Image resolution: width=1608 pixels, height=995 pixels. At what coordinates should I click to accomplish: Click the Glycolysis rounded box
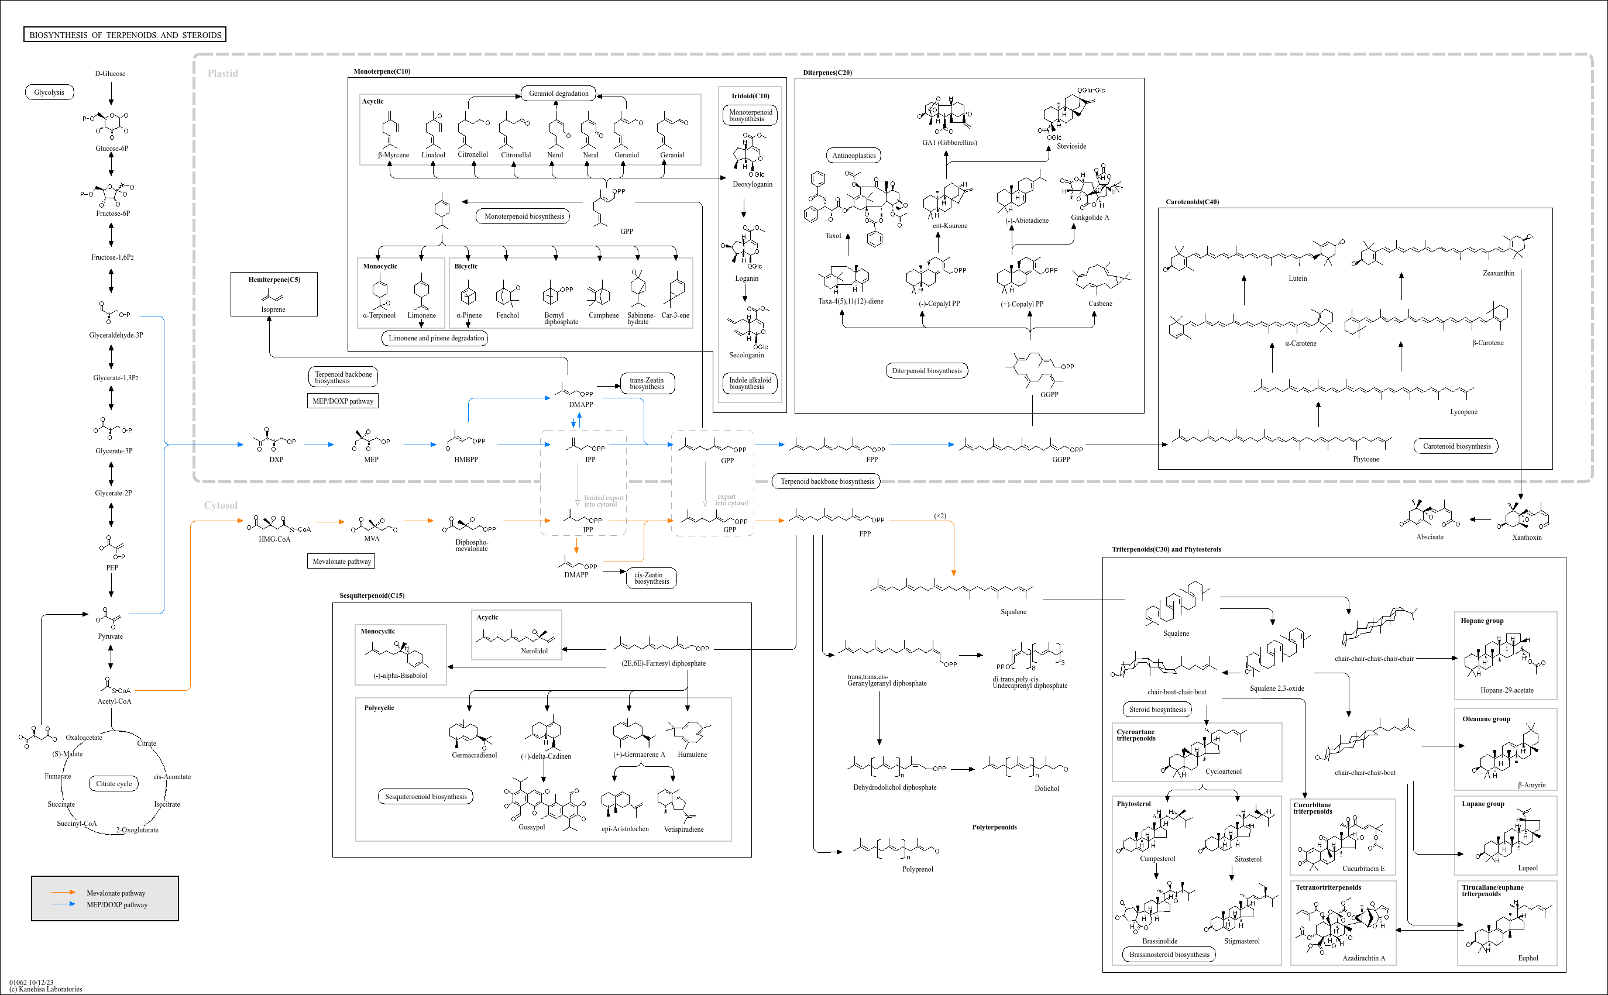click(49, 92)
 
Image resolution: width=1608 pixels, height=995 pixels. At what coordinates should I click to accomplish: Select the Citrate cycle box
click(114, 784)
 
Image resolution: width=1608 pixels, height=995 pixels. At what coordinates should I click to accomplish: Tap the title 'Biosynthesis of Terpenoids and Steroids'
click(125, 35)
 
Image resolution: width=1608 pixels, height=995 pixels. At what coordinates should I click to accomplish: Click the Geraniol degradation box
click(559, 94)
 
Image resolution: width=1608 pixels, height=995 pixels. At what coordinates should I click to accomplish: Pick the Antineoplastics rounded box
click(854, 156)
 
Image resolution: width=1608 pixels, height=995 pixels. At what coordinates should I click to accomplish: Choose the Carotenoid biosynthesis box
click(1456, 446)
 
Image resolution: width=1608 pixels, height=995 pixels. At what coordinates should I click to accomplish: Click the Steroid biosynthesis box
click(1158, 710)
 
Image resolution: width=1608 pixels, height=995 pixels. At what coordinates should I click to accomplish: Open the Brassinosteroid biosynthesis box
click(1170, 954)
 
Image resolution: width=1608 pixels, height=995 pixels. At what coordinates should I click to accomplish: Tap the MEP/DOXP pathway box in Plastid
click(343, 401)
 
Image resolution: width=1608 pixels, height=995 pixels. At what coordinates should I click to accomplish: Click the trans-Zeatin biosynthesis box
click(647, 384)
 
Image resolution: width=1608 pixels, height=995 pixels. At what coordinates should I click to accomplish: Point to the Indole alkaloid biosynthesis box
click(750, 384)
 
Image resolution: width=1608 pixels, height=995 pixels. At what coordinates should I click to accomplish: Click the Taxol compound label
click(833, 236)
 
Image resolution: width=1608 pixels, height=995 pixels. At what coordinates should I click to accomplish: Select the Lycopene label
click(1464, 412)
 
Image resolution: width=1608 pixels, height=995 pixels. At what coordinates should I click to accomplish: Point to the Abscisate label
click(1430, 537)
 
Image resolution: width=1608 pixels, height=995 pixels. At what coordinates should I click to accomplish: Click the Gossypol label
click(532, 827)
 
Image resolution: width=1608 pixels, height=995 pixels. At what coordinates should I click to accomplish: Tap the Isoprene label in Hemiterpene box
click(273, 309)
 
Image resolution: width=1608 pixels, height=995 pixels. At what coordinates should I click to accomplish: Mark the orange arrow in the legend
click(64, 893)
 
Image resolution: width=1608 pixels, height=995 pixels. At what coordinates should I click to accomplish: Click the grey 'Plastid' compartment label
click(222, 74)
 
